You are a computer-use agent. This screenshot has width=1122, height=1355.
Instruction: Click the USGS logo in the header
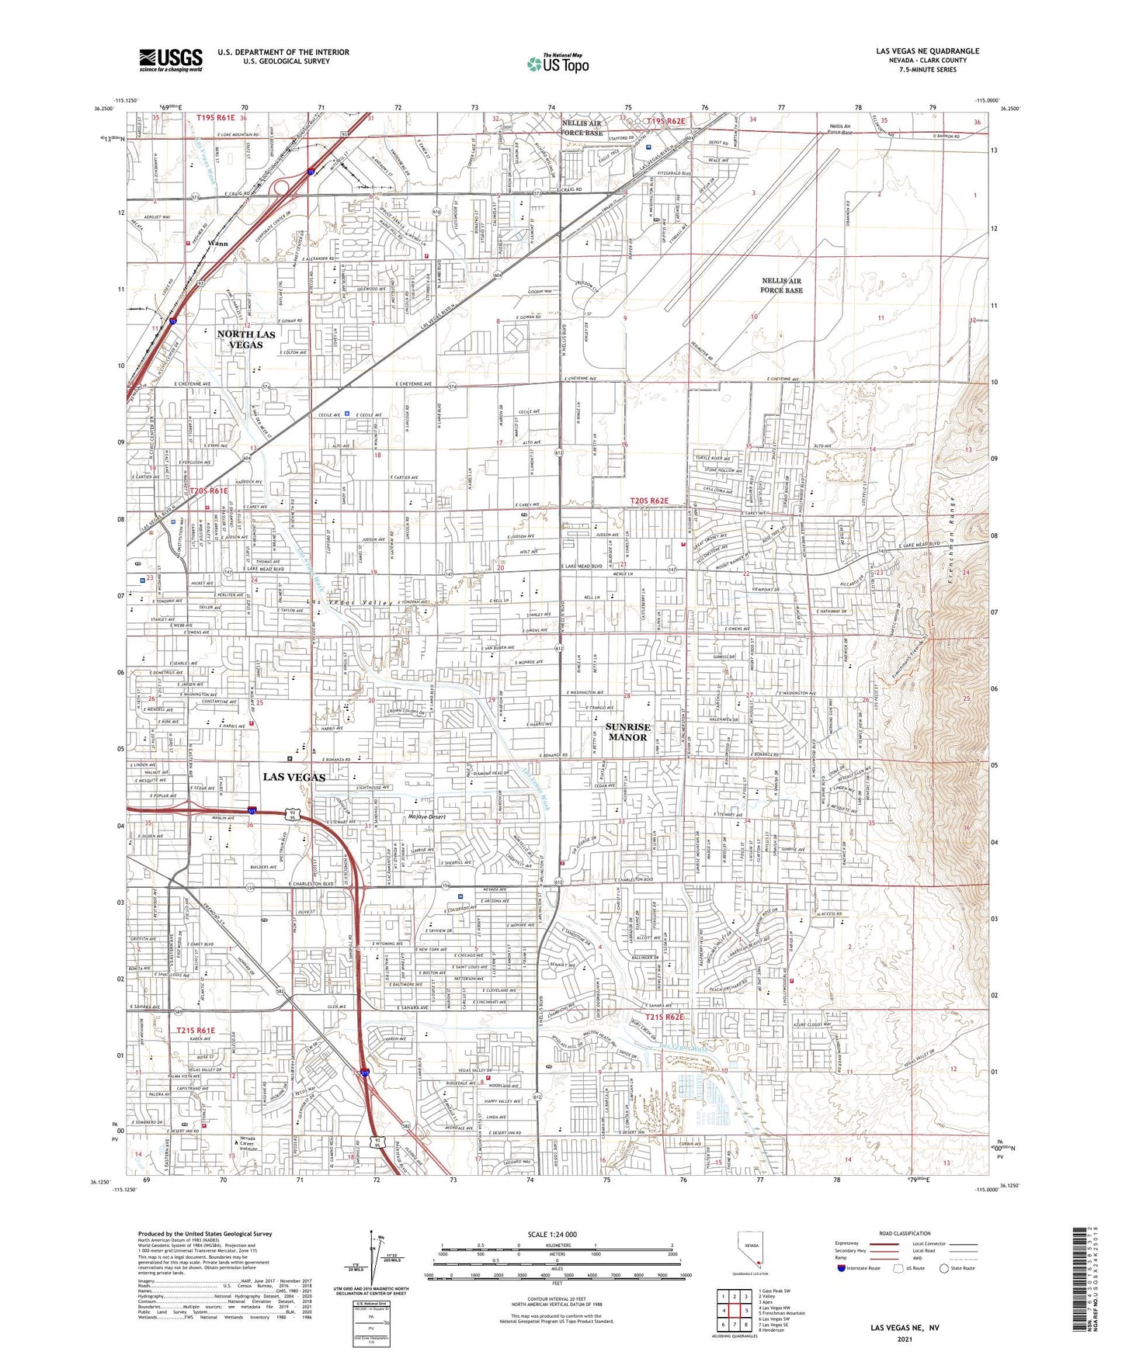[170, 59]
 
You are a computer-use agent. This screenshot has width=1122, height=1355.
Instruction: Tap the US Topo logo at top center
[558, 64]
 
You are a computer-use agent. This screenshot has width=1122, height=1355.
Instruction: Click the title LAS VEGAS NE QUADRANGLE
[927, 51]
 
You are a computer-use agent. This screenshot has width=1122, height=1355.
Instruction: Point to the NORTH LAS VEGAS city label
[246, 339]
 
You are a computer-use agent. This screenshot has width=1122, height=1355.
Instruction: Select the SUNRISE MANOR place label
[627, 732]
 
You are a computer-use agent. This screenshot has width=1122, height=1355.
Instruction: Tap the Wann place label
[217, 243]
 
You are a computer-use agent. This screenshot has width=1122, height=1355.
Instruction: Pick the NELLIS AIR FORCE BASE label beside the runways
[781, 286]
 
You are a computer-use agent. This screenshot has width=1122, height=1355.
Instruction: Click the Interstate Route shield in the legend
[842, 1268]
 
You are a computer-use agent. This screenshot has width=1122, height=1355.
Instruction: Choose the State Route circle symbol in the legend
[944, 1268]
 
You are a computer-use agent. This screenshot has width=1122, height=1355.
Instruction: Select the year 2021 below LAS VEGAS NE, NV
[904, 1339]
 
